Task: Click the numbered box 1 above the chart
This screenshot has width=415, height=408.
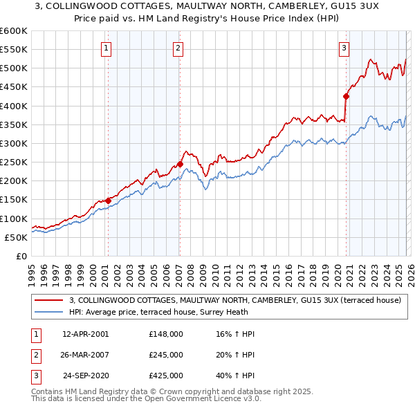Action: pos(107,48)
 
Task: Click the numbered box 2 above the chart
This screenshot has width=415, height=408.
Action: pos(178,48)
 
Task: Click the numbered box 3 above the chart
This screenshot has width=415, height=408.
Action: pos(344,48)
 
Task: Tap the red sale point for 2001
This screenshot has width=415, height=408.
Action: pos(108,201)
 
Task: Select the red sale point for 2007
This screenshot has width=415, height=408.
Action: pos(180,165)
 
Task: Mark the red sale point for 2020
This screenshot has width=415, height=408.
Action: pos(346,97)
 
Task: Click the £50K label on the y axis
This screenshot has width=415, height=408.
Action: pos(17,237)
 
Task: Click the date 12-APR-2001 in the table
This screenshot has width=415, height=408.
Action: pos(85,334)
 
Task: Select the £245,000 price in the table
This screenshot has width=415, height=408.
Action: pos(166,355)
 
